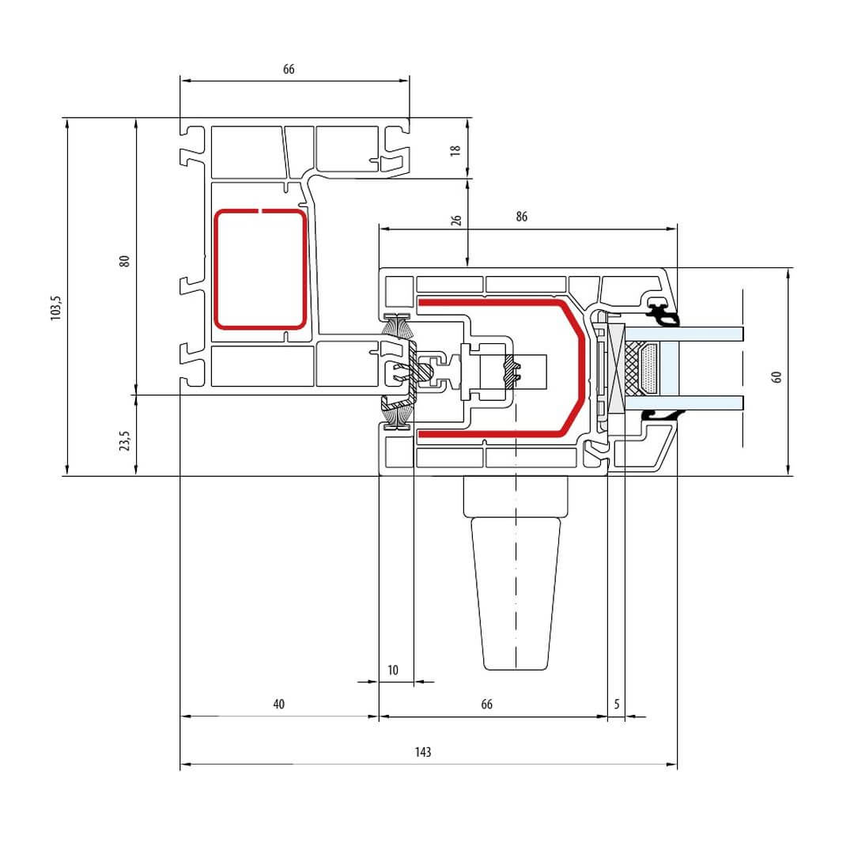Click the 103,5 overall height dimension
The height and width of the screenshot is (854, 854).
[56, 308]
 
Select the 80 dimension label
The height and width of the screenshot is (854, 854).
[125, 261]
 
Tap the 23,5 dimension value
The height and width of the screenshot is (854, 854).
[125, 440]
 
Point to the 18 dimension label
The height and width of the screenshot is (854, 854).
[455, 150]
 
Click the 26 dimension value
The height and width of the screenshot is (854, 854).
[456, 220]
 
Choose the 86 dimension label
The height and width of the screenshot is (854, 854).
[522, 217]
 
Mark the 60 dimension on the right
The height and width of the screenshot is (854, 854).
[777, 377]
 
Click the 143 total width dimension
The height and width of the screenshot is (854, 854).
[423, 752]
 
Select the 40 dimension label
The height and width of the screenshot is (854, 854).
[279, 705]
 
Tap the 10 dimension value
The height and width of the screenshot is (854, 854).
[393, 671]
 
